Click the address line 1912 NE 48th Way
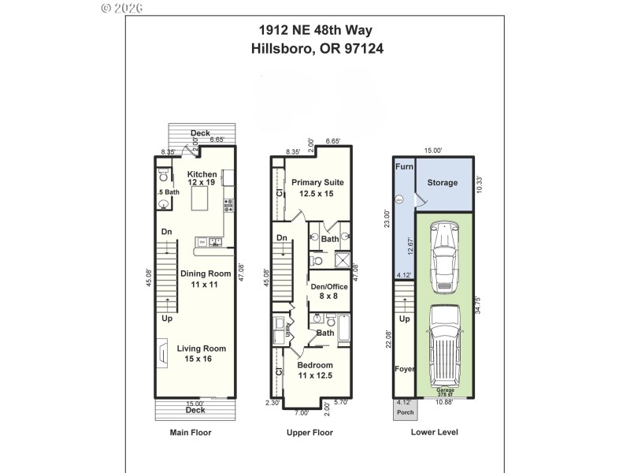pyautogui.click(x=315, y=31)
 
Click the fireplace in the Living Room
pyautogui.click(x=162, y=353)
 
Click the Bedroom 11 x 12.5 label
pyautogui.click(x=314, y=371)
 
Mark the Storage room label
pyautogui.click(x=442, y=183)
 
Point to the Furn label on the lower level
pyautogui.click(x=403, y=167)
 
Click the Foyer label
pyautogui.click(x=403, y=369)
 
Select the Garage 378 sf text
pyautogui.click(x=446, y=392)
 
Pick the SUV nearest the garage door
pyautogui.click(x=447, y=343)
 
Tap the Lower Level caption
pyautogui.click(x=434, y=432)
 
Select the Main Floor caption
pyautogui.click(x=191, y=432)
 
